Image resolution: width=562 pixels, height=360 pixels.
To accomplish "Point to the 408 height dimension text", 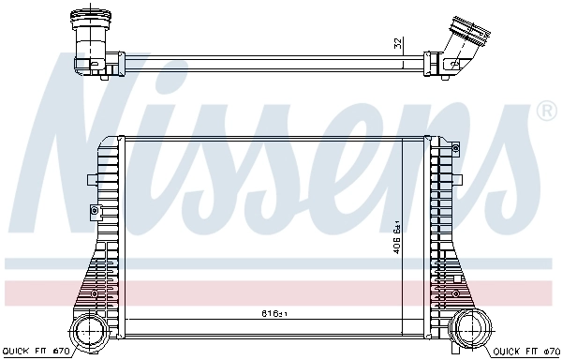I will pyautogui.click(x=397, y=238).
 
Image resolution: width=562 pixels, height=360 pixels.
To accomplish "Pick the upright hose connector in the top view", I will pyautogui.click(x=92, y=37).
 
